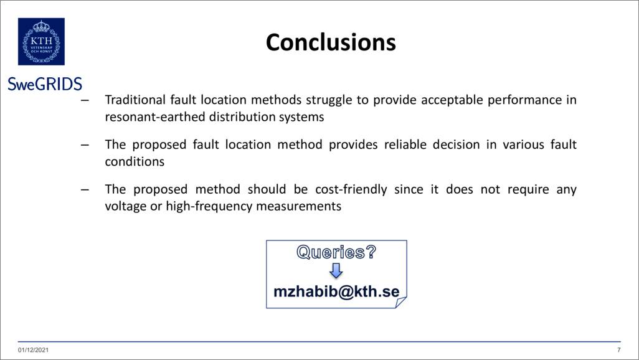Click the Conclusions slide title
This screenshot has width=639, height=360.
[331, 42]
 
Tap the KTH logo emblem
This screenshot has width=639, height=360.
[41, 42]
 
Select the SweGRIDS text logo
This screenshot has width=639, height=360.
[45, 84]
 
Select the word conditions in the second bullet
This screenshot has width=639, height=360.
[135, 162]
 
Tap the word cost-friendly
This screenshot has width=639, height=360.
[351, 190]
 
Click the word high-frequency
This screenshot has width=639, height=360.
[209, 207]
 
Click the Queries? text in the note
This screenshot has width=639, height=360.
[336, 252]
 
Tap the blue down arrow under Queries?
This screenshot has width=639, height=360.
[336, 270]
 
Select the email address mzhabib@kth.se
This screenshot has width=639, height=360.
[336, 291]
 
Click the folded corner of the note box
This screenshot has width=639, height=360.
[400, 303]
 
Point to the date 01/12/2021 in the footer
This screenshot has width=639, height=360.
[33, 350]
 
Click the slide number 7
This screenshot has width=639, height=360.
[618, 350]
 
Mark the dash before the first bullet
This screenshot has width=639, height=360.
[85, 100]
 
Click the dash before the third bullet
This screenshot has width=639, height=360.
[85, 190]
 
